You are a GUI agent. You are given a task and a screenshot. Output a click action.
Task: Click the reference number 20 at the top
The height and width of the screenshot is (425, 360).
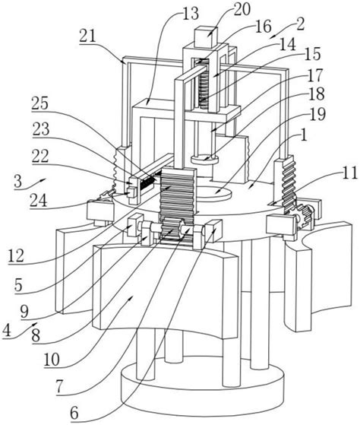pos(242,10)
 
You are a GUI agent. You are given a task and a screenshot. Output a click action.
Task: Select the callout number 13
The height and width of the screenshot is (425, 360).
pos(191,14)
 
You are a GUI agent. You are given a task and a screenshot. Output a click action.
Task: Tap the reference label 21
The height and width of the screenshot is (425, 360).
pos(87,36)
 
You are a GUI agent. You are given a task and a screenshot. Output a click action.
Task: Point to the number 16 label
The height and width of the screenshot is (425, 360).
pos(263,27)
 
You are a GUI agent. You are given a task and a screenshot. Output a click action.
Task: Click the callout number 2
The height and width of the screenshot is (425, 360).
pos(300,24)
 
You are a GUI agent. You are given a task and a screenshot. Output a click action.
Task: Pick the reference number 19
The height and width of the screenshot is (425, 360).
pos(317,114)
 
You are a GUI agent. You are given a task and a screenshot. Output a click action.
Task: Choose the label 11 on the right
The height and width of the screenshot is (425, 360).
pos(349,173)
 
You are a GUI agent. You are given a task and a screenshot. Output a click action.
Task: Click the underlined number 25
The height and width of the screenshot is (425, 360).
pos(39,104)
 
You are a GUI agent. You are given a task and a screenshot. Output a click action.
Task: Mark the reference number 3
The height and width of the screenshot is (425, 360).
pos(18,181)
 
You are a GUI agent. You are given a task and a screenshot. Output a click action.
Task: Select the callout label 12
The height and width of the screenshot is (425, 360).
pos(16,256)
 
